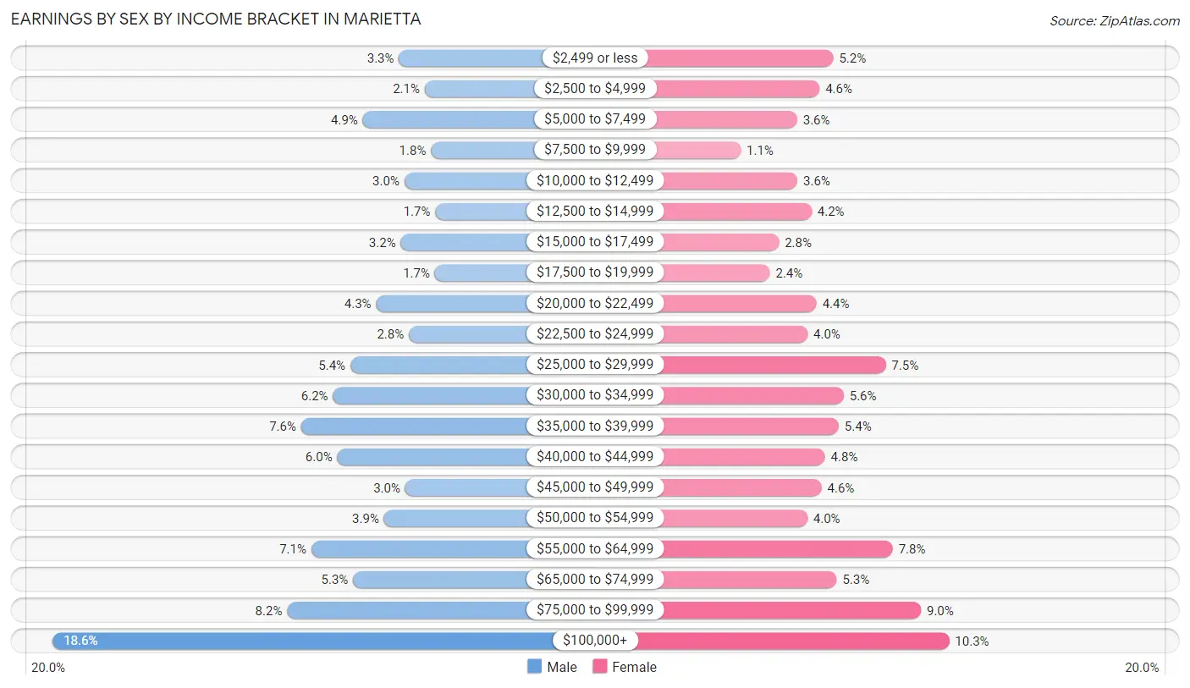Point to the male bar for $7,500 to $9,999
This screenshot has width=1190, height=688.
482,150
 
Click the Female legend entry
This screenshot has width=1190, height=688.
625,667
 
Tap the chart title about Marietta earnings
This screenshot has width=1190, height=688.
216,19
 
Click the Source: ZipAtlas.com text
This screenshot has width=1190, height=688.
1114,20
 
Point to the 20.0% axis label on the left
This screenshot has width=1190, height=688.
48,668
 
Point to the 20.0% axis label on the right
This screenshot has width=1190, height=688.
1141,668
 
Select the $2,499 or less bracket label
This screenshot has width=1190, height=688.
595,58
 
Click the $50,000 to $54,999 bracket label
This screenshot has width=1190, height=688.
595,518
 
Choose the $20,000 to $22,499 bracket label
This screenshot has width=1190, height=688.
595,303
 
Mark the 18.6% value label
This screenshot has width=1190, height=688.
80,641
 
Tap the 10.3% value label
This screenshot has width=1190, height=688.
972,641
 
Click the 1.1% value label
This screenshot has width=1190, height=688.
759,150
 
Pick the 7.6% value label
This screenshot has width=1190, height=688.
283,427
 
